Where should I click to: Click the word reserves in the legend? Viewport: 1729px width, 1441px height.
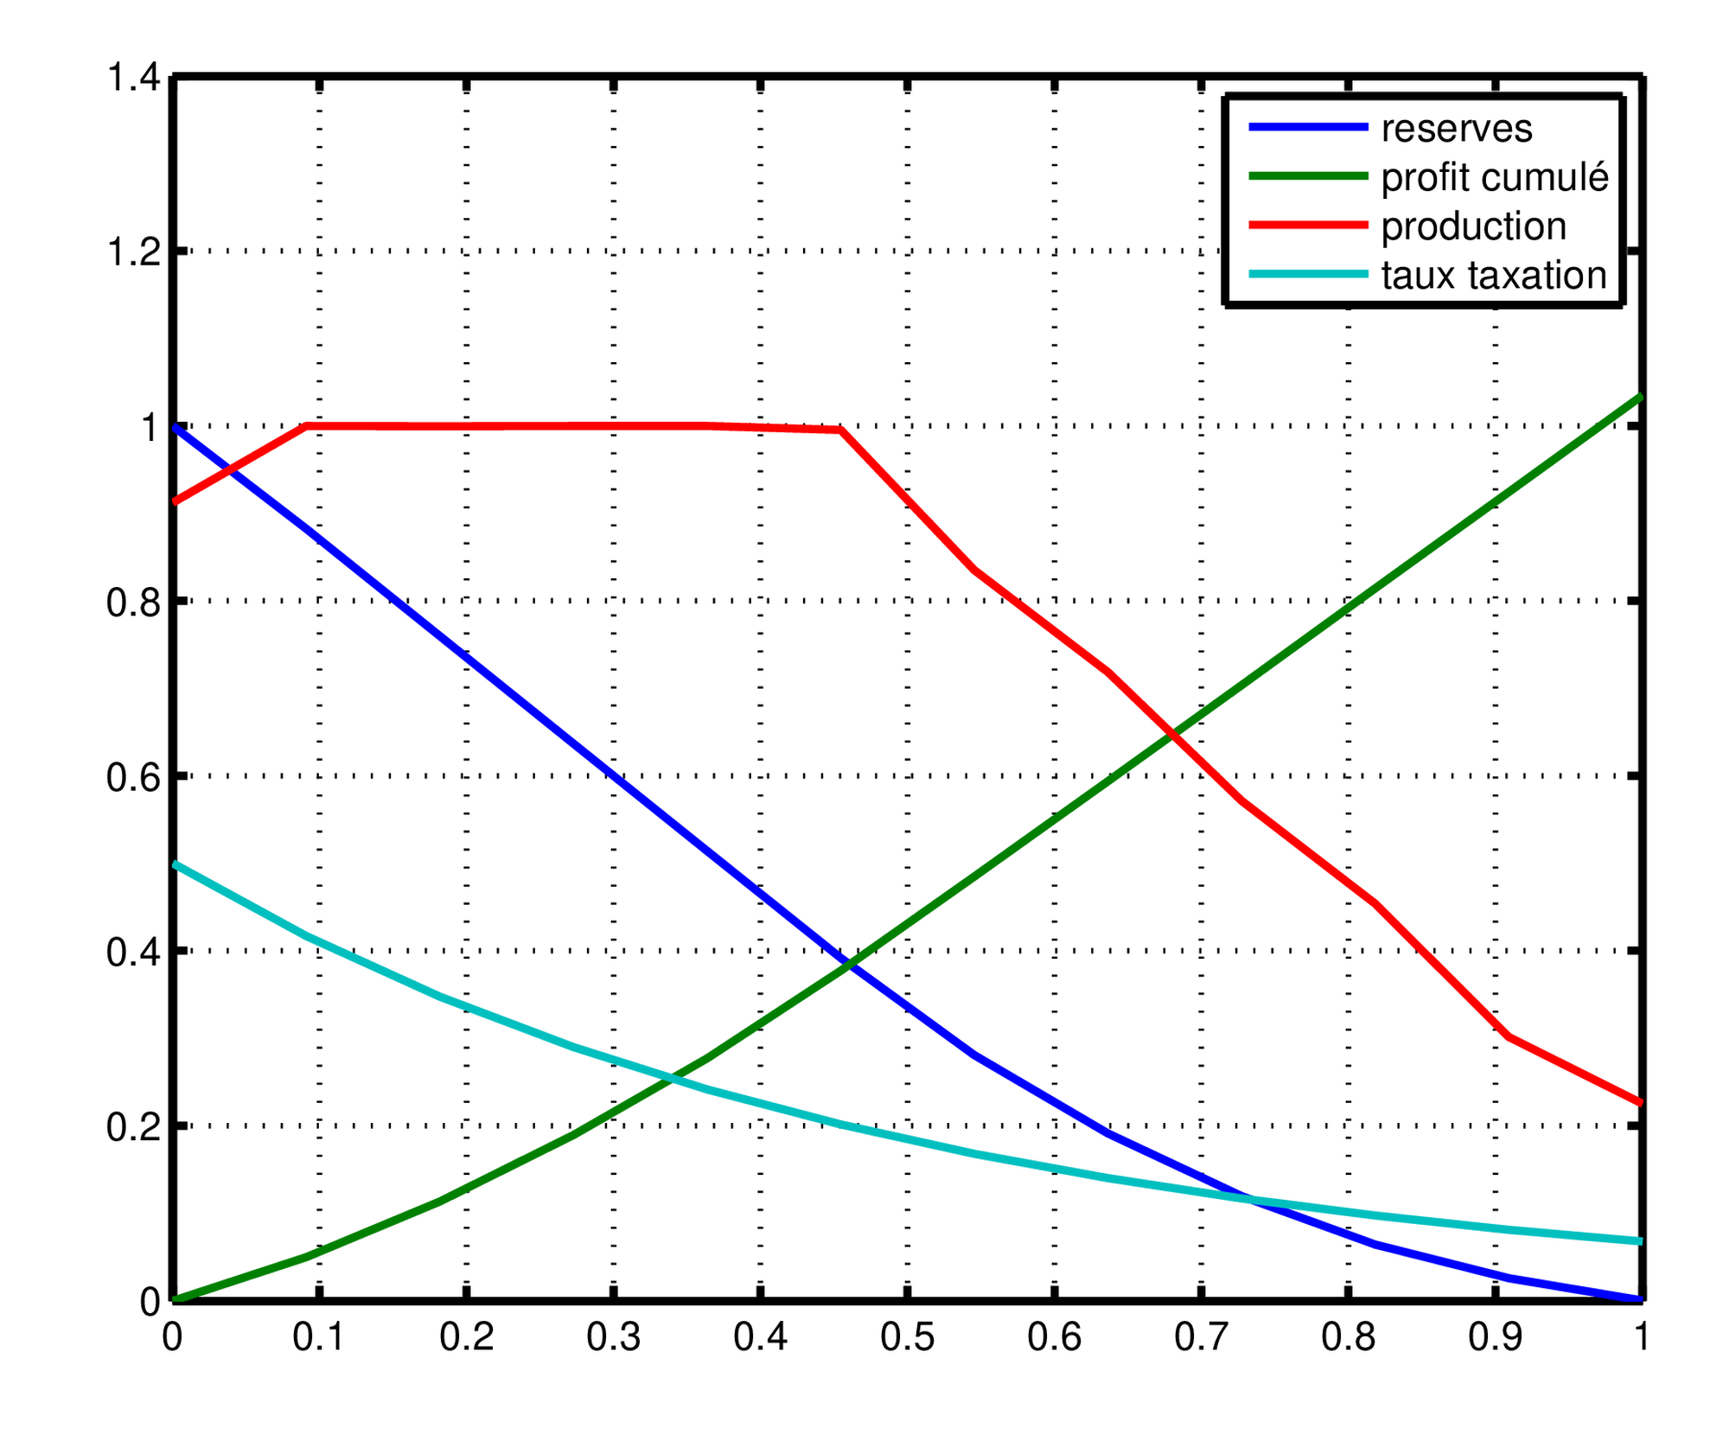point(1456,130)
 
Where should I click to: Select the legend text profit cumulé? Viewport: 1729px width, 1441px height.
point(1494,178)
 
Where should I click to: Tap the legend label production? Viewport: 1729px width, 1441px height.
point(1473,227)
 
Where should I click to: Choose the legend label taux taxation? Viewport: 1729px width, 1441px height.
point(1493,276)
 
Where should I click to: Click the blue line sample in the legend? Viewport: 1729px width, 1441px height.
point(1308,128)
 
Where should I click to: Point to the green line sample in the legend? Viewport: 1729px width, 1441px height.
point(1308,176)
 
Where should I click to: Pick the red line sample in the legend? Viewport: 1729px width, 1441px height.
point(1308,226)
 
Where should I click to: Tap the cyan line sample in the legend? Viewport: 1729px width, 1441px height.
point(1308,275)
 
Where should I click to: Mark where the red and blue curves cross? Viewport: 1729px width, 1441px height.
point(229,470)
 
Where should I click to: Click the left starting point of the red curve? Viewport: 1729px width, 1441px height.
point(177,501)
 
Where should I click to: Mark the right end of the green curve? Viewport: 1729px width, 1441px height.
point(1636,398)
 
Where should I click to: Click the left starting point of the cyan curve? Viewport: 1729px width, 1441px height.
point(177,864)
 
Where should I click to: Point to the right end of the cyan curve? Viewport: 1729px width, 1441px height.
point(1636,1241)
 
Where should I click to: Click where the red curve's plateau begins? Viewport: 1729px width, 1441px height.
point(307,426)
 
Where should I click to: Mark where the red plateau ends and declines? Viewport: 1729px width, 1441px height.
point(840,430)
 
